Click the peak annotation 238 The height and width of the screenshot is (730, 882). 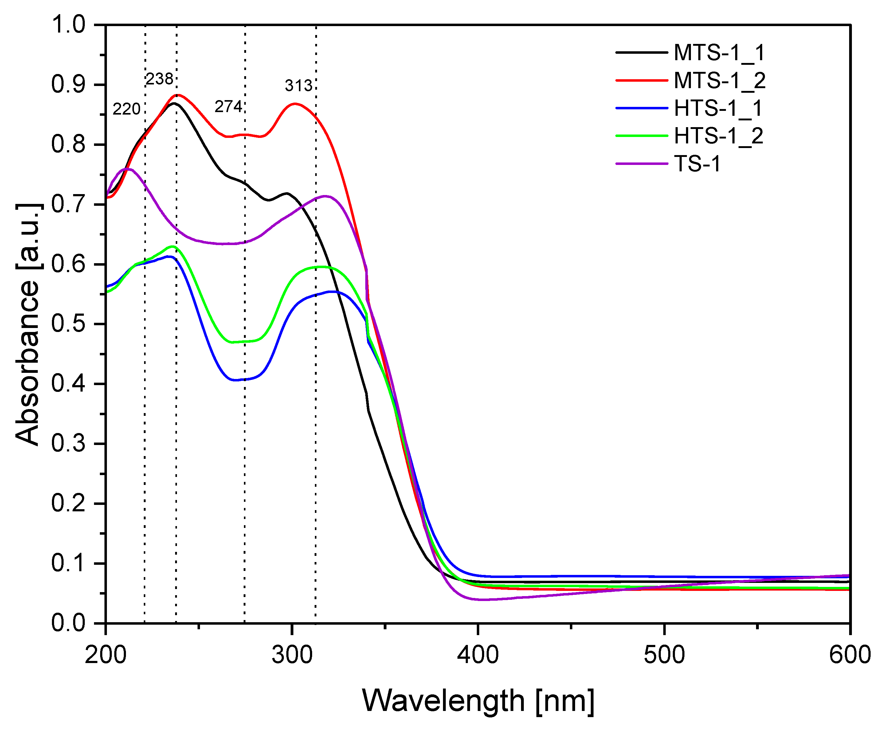[x=159, y=79]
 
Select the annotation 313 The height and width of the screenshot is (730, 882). [x=299, y=86]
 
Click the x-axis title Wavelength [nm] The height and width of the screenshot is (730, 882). [x=478, y=701]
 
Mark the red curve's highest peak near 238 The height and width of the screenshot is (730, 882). [x=178, y=95]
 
